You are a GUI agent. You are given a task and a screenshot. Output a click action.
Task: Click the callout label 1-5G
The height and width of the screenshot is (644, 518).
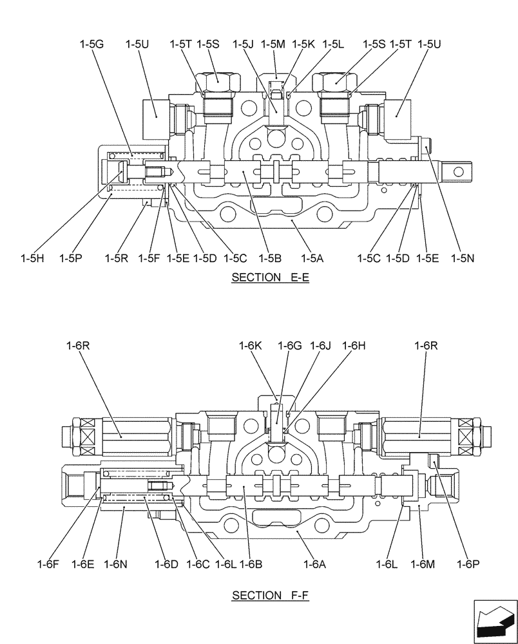point(91,44)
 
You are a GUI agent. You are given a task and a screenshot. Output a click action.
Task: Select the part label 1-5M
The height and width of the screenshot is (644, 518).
point(273,44)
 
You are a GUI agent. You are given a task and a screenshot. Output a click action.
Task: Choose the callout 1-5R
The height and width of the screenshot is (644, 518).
point(117,258)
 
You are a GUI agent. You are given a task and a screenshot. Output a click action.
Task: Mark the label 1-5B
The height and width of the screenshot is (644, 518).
point(272,258)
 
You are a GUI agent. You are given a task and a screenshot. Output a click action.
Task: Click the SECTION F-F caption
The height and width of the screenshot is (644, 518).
point(271,596)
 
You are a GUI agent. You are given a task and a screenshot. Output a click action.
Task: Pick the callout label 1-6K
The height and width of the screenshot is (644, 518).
point(253,346)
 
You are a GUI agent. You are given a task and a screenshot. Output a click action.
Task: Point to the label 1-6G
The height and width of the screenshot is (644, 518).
point(290,346)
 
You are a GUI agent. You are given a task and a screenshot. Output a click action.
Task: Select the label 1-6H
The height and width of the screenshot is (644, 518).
point(354,346)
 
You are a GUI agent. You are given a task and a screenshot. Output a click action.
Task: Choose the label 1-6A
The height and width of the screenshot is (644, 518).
point(314,564)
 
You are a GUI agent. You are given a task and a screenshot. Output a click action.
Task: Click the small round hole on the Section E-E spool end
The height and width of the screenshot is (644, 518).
point(459,171)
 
